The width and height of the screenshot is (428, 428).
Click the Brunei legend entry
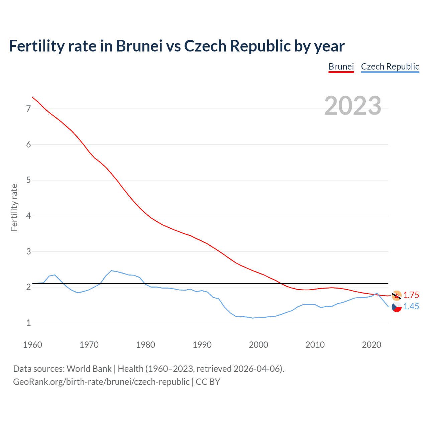(x=341, y=67)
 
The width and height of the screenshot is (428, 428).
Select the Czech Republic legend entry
(x=390, y=67)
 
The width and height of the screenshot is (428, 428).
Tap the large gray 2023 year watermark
(x=352, y=106)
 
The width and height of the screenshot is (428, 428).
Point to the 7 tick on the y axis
(x=28, y=109)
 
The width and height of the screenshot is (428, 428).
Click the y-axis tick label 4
(x=28, y=216)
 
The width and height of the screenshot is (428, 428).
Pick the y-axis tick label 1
(x=28, y=323)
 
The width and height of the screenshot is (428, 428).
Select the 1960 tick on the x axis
(x=32, y=345)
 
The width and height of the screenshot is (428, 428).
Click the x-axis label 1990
(x=202, y=345)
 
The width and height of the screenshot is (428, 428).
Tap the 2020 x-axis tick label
(x=371, y=345)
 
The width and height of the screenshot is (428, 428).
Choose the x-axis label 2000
(x=258, y=345)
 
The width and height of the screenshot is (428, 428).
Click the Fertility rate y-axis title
(x=14, y=207)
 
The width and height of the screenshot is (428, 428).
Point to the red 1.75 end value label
(x=411, y=295)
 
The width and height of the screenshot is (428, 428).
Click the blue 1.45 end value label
(x=411, y=306)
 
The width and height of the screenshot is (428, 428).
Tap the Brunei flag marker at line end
(x=397, y=295)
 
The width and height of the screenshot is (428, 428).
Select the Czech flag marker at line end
(x=397, y=307)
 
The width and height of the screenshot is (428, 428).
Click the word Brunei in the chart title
(x=139, y=46)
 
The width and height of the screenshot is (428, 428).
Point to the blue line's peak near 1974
(x=111, y=271)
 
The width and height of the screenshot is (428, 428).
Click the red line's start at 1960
(x=32, y=97)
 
